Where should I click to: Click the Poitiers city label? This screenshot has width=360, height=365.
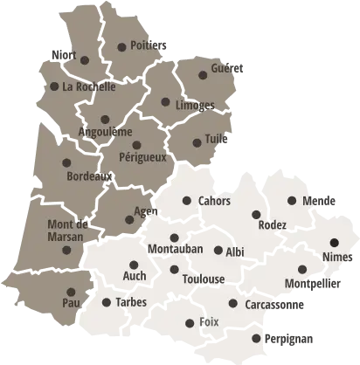[142, 45]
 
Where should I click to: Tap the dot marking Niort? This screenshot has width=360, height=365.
[85, 60]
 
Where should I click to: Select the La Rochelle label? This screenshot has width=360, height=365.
[89, 87]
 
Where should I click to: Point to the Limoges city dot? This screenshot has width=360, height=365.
[165, 102]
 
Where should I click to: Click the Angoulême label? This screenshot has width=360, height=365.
[105, 133]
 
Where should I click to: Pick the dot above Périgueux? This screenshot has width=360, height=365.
[136, 145]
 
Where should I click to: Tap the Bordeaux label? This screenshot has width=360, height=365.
[89, 176]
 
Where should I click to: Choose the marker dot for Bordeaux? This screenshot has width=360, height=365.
[66, 162]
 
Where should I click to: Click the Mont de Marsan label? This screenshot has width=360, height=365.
[65, 231]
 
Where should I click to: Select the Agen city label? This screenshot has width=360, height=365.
[145, 212]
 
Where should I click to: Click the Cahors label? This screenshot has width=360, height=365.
[215, 202]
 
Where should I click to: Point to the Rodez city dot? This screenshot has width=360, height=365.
[256, 215]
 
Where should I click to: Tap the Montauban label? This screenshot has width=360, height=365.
[175, 250]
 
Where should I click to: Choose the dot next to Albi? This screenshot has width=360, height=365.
[218, 251]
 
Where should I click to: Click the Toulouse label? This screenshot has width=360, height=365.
[204, 279]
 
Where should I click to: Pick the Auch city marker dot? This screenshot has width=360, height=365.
[134, 265]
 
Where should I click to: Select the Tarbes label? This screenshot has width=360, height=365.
[130, 303]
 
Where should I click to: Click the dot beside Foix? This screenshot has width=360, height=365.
[190, 323]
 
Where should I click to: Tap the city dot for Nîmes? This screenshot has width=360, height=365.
[334, 243]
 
